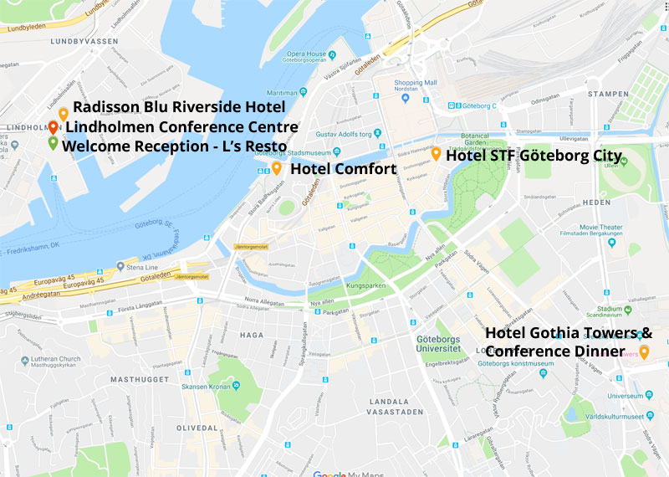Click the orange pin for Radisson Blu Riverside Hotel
64,114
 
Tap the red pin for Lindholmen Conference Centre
54,127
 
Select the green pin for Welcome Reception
54,143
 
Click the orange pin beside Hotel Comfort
277,167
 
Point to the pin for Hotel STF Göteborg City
436,154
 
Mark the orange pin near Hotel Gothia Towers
644,351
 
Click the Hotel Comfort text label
343,169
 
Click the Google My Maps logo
344,473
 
